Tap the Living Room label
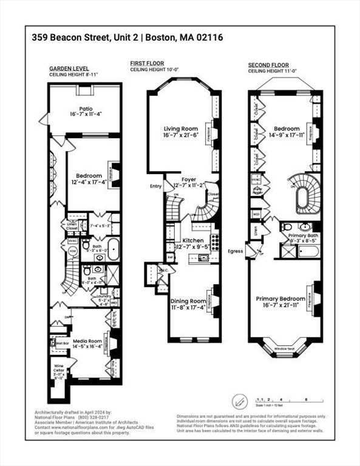(181, 129)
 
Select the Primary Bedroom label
(281, 299)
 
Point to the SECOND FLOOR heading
(268, 64)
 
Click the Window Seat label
(283, 349)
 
